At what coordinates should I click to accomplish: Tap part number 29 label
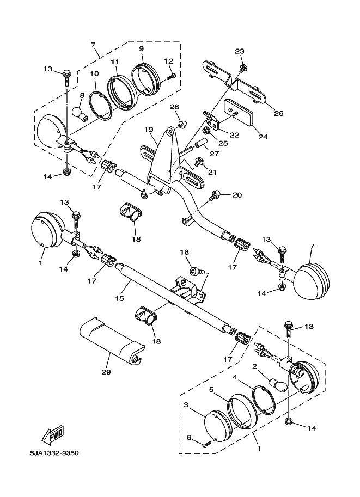[x=106, y=372]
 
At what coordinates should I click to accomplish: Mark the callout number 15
[x=120, y=298]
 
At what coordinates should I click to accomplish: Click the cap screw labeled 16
[x=196, y=272]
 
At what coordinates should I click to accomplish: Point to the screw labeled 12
[x=171, y=76]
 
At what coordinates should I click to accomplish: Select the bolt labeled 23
[x=243, y=68]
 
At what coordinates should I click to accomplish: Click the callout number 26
[x=278, y=113]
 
